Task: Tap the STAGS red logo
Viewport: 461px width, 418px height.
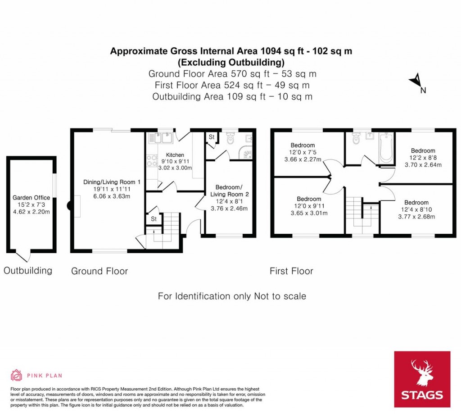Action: tap(422, 379)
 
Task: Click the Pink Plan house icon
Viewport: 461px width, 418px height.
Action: tap(16, 375)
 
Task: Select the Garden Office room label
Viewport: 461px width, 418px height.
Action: tap(31, 198)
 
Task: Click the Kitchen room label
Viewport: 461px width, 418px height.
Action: tap(175, 155)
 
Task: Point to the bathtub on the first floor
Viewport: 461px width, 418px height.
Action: tap(386, 148)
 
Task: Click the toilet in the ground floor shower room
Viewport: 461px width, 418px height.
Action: tap(230, 139)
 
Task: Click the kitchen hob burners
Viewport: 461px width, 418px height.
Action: tap(152, 161)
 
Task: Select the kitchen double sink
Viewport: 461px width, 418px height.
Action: tap(161, 138)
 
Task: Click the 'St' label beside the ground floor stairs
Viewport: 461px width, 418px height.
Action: tap(154, 219)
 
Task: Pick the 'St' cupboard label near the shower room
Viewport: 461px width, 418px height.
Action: tap(212, 137)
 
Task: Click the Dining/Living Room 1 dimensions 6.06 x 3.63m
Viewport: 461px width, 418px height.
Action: tap(112, 196)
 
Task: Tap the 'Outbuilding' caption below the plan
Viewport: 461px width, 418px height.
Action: tap(28, 270)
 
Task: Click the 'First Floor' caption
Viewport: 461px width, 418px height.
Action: tap(291, 271)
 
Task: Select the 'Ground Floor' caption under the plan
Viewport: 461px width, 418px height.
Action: tap(99, 271)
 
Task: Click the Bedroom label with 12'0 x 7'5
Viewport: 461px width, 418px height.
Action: tap(303, 145)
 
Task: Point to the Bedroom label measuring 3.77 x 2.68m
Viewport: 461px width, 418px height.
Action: tap(416, 203)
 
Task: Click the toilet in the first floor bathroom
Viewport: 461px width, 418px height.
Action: tap(356, 139)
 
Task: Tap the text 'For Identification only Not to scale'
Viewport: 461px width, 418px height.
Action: tap(232, 296)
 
